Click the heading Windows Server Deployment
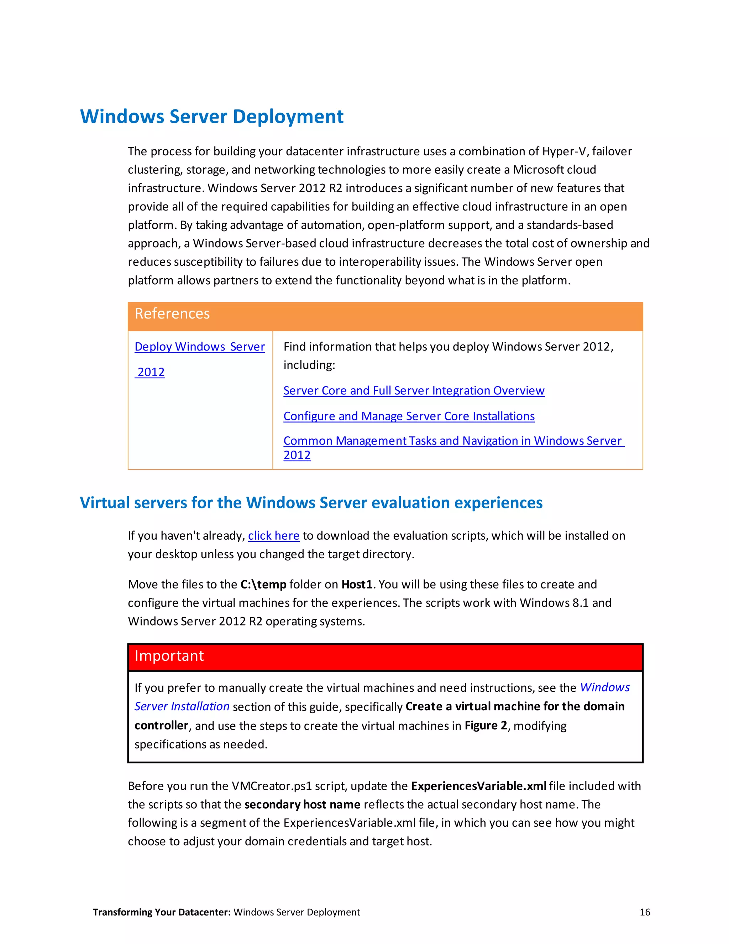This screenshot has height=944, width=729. click(x=212, y=117)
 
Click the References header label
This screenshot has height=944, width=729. click(x=172, y=313)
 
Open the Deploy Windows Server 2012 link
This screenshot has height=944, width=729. click(x=200, y=347)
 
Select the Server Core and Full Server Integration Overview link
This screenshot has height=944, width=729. click(x=413, y=390)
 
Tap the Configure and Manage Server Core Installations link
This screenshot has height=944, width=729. click(x=409, y=416)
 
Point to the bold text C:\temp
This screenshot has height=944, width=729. click(x=263, y=584)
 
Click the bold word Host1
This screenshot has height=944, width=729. click(x=357, y=584)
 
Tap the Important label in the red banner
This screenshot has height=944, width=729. click(x=169, y=656)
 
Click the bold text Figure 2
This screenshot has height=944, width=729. click(x=486, y=725)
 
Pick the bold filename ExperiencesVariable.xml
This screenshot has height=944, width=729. click(x=478, y=786)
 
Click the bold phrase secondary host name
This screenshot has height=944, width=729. click(x=302, y=804)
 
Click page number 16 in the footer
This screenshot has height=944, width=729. click(x=644, y=912)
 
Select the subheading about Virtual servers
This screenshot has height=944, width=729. click(x=311, y=503)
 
